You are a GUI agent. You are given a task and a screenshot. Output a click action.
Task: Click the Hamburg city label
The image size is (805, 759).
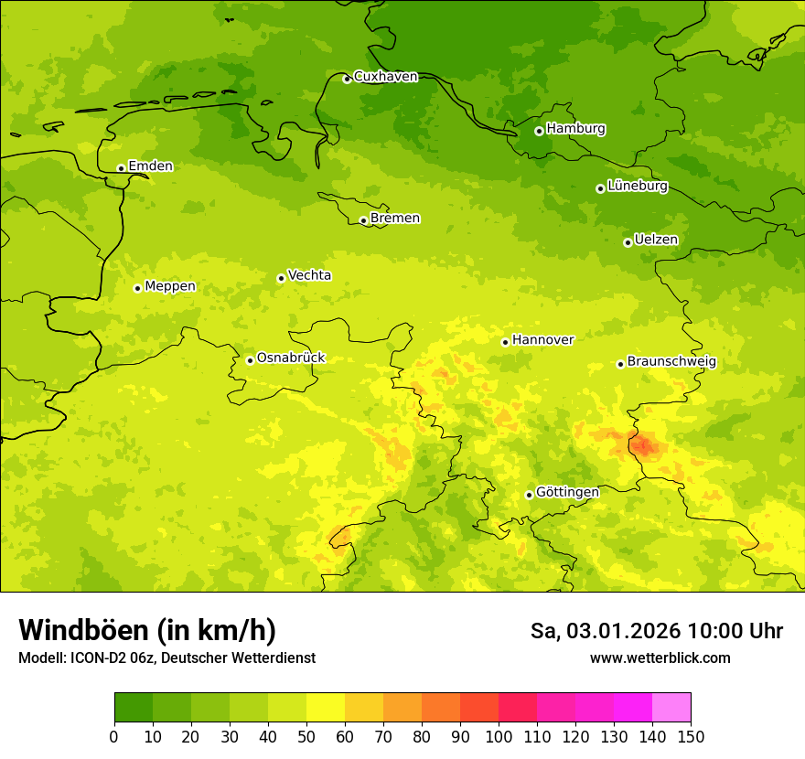575,129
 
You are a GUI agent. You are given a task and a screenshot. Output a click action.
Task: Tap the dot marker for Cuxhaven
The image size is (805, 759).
347,80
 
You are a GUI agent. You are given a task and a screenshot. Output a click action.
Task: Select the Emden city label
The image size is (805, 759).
150,166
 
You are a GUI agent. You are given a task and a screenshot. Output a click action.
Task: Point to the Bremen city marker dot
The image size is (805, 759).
363,220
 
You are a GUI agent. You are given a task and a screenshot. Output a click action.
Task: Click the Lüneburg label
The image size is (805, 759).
637,187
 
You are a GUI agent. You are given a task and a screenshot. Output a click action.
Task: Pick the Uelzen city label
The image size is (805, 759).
656,241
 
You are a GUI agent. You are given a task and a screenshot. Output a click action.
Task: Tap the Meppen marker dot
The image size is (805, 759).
137,288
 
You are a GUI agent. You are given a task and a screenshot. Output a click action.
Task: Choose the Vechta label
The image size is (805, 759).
309,276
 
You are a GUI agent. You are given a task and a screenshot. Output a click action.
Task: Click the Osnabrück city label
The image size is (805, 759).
291,358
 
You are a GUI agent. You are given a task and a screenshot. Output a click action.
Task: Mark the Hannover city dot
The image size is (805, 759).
505,342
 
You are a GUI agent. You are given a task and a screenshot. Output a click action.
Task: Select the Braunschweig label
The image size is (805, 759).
671,362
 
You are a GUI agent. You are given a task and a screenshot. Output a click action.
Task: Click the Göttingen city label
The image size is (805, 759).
567,493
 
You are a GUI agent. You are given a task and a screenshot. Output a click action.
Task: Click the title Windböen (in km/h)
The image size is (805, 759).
147,630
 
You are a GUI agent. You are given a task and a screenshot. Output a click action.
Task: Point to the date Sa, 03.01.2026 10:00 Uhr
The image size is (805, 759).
656,631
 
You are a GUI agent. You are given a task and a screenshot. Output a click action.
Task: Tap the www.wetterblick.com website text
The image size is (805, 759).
660,658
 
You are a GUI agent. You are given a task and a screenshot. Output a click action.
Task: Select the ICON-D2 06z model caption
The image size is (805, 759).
166,658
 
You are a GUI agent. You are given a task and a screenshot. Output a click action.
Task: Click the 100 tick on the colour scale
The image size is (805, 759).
498,736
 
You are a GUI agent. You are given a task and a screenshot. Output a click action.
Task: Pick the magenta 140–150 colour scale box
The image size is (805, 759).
671,708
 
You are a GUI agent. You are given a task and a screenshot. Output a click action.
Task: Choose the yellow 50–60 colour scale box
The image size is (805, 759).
326,708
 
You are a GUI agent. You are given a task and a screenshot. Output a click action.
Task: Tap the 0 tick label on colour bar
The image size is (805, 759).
114,736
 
